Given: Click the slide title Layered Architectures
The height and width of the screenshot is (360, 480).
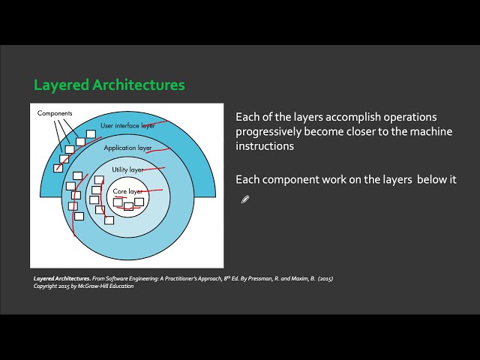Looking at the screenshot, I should [x=109, y=85].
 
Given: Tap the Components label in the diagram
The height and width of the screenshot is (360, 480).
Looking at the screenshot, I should [x=55, y=113].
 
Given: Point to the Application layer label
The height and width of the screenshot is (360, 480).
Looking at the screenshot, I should [x=127, y=148].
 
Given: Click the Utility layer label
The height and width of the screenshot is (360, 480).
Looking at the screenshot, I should [x=127, y=170].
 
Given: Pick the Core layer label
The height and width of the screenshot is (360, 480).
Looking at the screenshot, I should [x=127, y=192].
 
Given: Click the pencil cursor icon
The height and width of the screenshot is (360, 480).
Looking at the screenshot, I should [x=244, y=199].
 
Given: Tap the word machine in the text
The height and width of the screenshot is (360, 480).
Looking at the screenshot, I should [x=401, y=132].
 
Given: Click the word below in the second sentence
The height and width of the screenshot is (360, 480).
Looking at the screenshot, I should [x=430, y=180].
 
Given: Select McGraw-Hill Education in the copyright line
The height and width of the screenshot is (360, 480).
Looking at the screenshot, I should [x=108, y=286].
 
